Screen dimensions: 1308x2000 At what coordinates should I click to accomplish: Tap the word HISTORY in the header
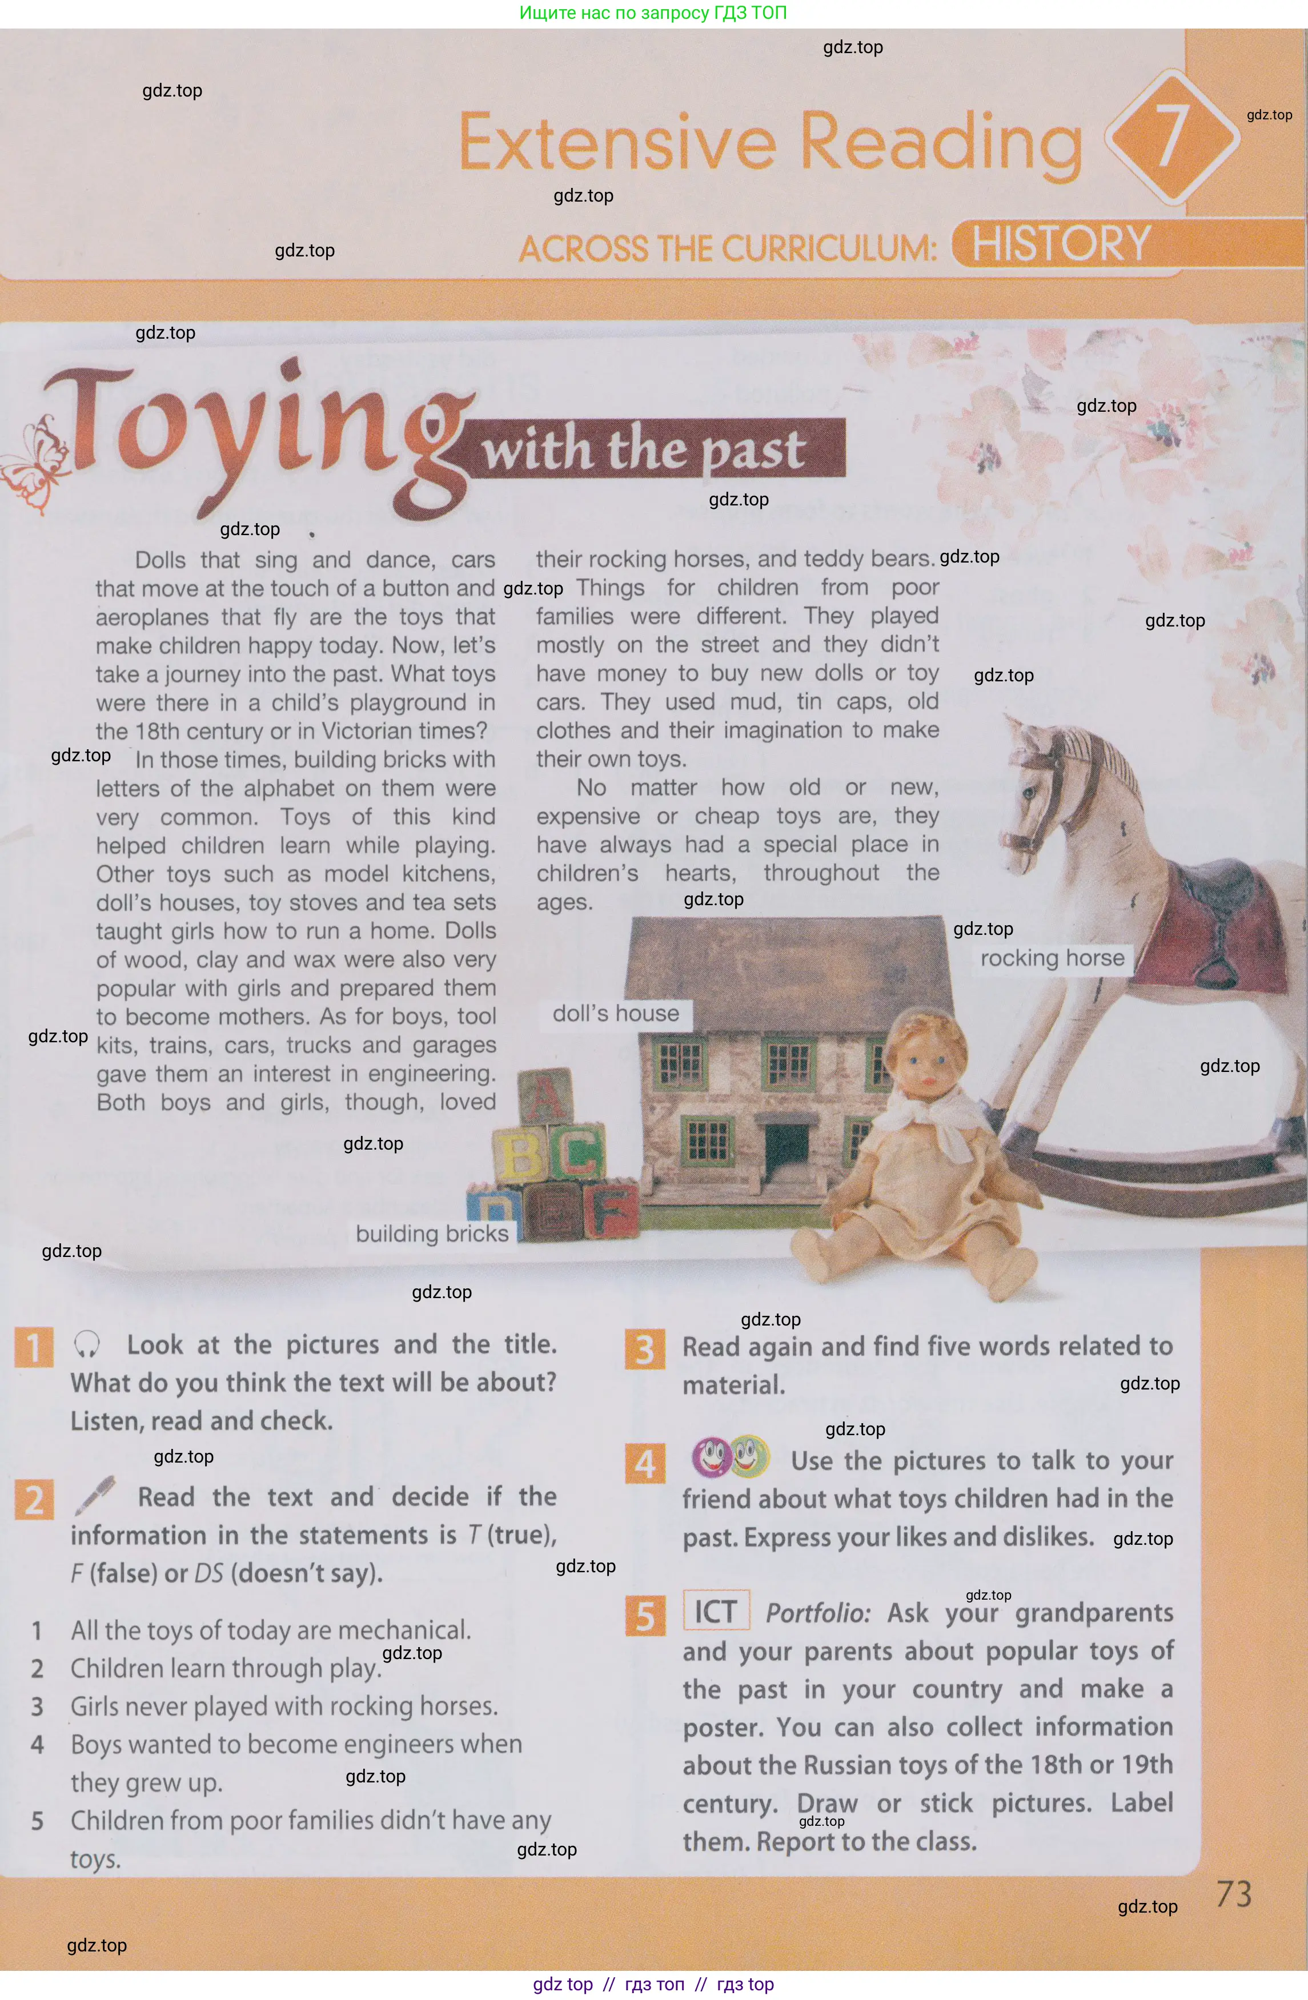[x=1061, y=244]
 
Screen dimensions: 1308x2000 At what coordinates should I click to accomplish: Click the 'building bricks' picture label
[x=432, y=1233]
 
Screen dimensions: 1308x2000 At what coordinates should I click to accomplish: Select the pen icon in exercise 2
[x=95, y=1496]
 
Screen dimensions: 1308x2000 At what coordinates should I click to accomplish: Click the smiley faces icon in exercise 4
[x=729, y=1457]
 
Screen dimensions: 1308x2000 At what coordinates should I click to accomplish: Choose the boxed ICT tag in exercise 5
[x=715, y=1612]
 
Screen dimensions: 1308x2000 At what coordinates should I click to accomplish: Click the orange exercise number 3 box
[x=645, y=1350]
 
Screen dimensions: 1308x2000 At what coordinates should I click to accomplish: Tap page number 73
[x=1234, y=1894]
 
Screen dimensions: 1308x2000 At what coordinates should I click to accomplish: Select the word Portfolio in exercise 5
[x=817, y=1613]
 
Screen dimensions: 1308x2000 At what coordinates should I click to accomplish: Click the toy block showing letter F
[x=611, y=1211]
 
